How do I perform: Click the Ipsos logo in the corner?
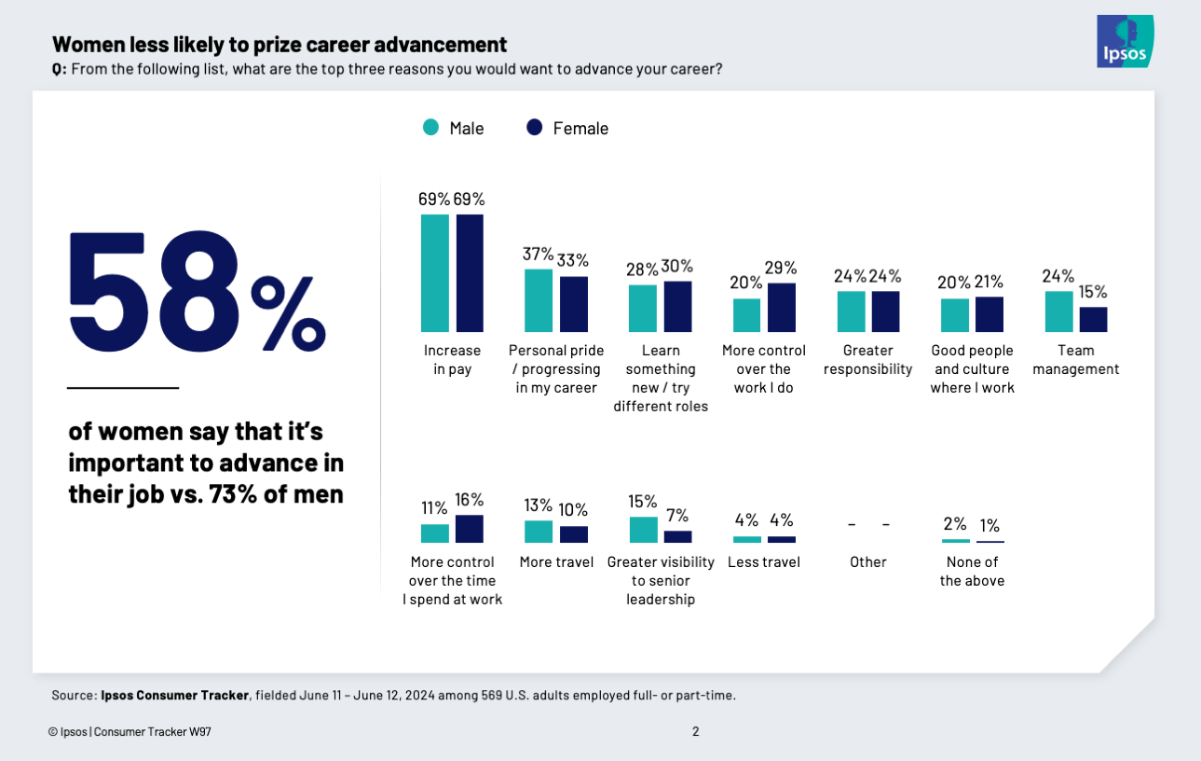(1126, 42)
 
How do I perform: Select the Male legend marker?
(430, 128)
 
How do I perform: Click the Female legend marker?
(535, 128)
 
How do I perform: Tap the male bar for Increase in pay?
(435, 273)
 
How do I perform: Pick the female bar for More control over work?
(782, 308)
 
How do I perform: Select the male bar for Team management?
(1058, 311)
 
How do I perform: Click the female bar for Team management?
(1093, 320)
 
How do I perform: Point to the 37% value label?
(538, 255)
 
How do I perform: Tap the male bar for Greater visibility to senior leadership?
(643, 530)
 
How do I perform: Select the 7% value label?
(677, 516)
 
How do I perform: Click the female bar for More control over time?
(470, 529)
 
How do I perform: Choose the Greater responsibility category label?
(868, 359)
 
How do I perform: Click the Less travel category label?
(763, 562)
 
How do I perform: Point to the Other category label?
(867, 562)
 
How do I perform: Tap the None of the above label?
(972, 571)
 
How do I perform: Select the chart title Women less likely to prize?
(280, 44)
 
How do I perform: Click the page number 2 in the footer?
(695, 731)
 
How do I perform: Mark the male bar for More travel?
(539, 532)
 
